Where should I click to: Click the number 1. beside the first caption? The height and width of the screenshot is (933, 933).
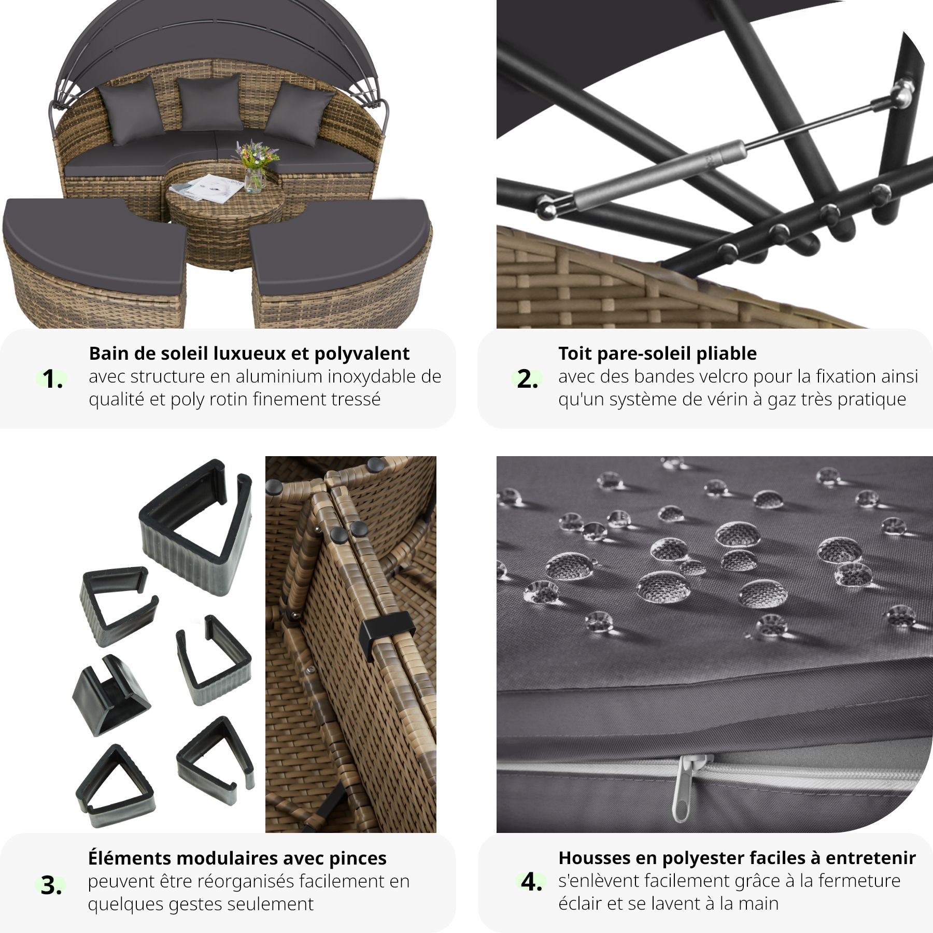click(52, 379)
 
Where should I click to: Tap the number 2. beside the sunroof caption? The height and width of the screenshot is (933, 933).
click(527, 379)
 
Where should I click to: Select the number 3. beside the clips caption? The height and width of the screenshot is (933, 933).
click(51, 885)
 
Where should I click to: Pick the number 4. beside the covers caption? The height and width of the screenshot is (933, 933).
click(531, 882)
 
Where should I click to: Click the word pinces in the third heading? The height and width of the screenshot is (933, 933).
click(358, 858)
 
